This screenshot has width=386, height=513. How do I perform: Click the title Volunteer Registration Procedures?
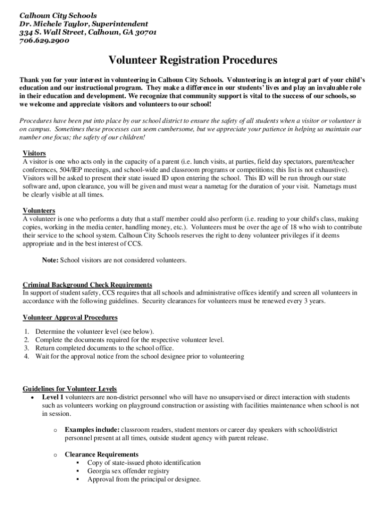[x=193, y=61]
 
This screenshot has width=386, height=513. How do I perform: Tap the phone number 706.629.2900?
[x=44, y=41]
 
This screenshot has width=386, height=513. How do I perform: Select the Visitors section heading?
[x=35, y=153]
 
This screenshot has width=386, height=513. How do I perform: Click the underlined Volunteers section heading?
[x=39, y=210]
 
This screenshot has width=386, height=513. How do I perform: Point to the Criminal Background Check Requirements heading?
[x=88, y=285]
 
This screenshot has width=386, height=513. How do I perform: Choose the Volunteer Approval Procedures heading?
[x=70, y=318]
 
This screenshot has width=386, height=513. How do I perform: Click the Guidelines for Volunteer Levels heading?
[x=70, y=389]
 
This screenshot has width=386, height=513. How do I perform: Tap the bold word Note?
[x=50, y=260]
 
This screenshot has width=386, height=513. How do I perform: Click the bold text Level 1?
[x=53, y=397]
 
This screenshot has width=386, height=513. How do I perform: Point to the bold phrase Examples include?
[x=92, y=430]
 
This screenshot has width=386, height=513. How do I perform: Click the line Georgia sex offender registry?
[x=128, y=471]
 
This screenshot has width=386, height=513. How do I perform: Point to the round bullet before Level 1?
[x=32, y=397]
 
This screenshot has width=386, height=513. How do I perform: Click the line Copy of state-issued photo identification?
[x=144, y=463]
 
